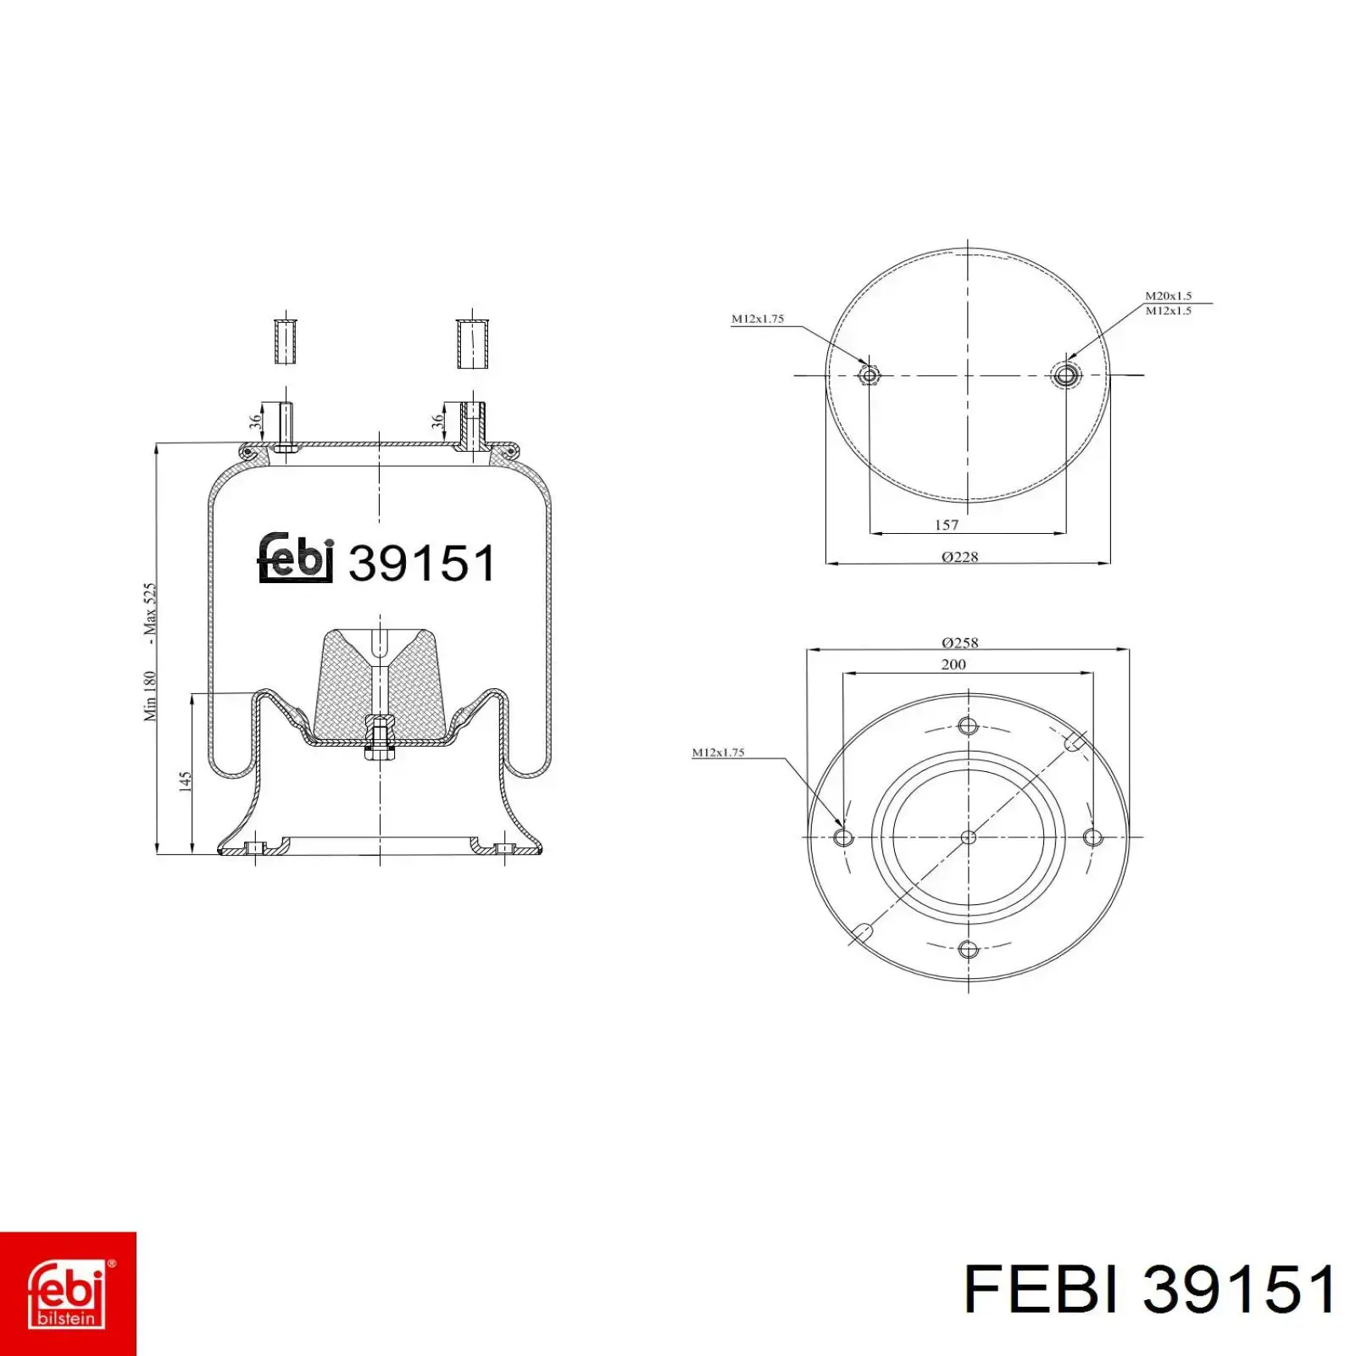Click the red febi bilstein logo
[x=68, y=1293]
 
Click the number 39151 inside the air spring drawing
[x=421, y=563]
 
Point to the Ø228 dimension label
[x=959, y=557]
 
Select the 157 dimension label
[x=947, y=525]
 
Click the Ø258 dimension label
[x=959, y=642]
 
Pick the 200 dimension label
[x=953, y=664]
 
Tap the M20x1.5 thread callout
[x=1169, y=296]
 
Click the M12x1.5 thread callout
[x=1169, y=310]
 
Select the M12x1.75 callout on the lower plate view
[x=718, y=752]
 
